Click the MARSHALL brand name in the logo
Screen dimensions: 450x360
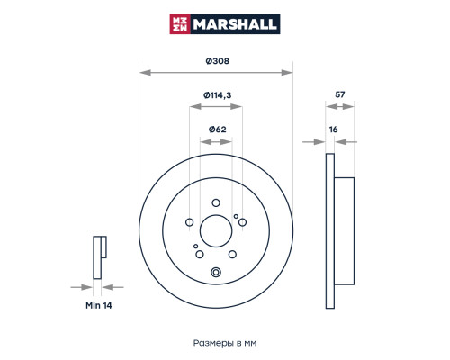235,24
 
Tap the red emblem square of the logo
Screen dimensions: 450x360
180,24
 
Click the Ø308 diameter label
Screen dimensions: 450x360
217,61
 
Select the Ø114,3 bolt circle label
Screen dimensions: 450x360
217,95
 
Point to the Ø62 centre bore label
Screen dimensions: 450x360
217,130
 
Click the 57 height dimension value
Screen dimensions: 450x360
339,94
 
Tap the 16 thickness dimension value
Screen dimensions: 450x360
333,130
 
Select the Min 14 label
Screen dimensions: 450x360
99,305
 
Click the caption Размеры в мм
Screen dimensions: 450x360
225,343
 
